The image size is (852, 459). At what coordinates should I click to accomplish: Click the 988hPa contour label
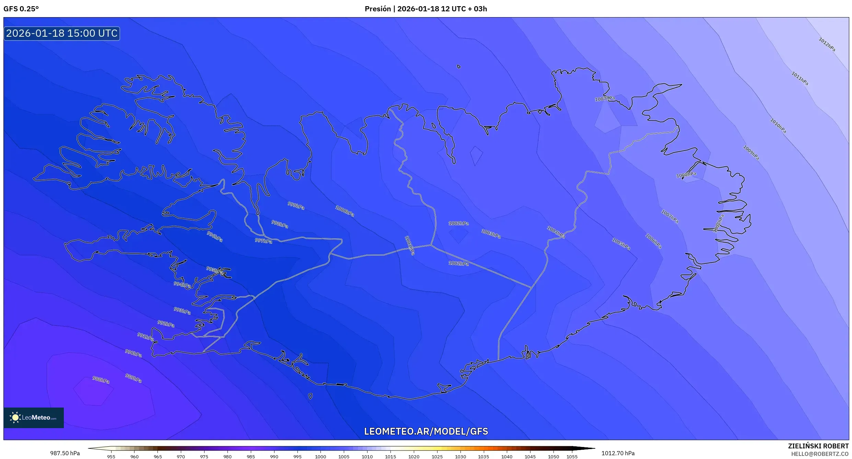point(101,380)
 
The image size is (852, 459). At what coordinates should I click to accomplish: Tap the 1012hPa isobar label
point(827,45)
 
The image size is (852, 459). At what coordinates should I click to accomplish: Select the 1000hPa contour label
point(345,211)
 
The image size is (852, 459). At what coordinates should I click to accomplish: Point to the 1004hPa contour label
point(556,232)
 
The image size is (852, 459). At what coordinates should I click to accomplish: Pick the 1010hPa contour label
point(778,126)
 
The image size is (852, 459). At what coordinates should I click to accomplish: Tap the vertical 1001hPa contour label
point(410,245)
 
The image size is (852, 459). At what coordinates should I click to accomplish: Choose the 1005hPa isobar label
point(621,244)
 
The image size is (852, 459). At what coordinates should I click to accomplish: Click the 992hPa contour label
point(166,323)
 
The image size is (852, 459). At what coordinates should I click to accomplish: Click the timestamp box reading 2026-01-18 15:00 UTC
point(62,33)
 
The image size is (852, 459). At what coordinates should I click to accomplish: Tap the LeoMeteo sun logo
point(15,417)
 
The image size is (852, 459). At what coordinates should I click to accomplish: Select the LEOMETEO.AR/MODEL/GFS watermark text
point(426,431)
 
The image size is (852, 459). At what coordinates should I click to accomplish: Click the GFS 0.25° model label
point(21,9)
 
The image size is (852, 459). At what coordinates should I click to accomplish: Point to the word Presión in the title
point(377,9)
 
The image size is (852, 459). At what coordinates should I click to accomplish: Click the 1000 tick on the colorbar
point(320,457)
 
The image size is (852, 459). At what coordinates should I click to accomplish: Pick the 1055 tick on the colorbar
point(572,457)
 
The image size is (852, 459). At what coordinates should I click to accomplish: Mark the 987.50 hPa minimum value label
point(65,453)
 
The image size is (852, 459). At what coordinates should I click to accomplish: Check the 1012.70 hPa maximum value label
point(618,453)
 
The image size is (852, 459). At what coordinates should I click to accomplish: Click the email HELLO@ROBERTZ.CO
point(820,454)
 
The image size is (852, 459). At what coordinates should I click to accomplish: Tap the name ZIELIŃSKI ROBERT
point(818,446)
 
